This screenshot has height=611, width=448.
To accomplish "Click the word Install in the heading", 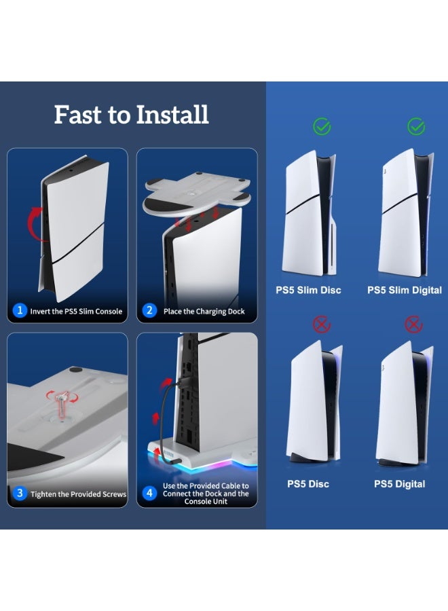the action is (x=172, y=115).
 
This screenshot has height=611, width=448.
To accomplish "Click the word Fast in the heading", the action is (x=78, y=115).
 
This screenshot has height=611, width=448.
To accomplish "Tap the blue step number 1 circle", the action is (x=20, y=310).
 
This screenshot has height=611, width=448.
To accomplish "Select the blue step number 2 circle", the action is (x=149, y=310).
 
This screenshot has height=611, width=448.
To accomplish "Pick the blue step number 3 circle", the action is (x=20, y=494).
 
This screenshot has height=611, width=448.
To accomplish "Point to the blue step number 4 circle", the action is (x=149, y=494).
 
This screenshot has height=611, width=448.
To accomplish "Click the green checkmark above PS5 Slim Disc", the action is (x=322, y=127).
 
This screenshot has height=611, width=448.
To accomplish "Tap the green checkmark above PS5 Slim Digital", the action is (x=416, y=127).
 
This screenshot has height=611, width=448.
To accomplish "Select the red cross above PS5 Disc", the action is (x=322, y=325).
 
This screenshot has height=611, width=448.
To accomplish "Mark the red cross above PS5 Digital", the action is (x=413, y=325).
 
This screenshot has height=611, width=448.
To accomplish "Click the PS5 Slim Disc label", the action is (x=308, y=291).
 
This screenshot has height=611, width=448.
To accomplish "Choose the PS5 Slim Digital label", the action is (x=405, y=291).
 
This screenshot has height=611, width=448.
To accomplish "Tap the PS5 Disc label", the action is (x=308, y=484).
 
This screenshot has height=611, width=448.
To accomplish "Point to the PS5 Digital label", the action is (x=399, y=484).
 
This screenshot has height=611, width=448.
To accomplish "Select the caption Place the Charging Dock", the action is (x=204, y=312).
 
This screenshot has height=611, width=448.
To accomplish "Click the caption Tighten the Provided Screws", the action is (x=78, y=494).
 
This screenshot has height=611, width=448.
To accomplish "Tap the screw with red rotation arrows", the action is (x=62, y=405).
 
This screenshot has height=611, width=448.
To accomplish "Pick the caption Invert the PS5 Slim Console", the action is (x=76, y=312).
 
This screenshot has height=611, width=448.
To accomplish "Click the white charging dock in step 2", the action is (x=197, y=193).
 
